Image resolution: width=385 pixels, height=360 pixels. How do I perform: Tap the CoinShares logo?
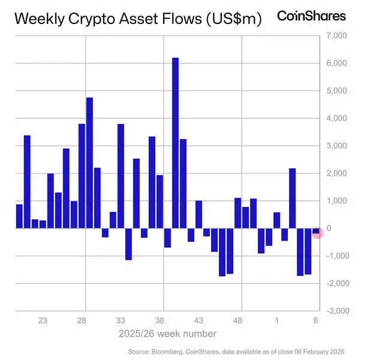(x=311, y=16)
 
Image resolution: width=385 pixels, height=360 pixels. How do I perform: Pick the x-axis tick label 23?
(x=43, y=321)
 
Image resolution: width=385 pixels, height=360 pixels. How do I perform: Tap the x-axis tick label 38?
(x=160, y=321)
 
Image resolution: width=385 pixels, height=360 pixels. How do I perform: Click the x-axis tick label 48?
(x=237, y=321)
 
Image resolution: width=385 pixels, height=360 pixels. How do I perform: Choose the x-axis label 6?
(x=315, y=321)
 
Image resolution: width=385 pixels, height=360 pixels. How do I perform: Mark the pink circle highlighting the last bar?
(x=318, y=232)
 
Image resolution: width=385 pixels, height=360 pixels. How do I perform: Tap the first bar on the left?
(x=19, y=216)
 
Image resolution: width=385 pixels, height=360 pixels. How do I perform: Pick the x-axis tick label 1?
(x=276, y=321)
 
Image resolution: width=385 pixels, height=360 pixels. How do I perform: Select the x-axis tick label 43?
(x=198, y=321)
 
